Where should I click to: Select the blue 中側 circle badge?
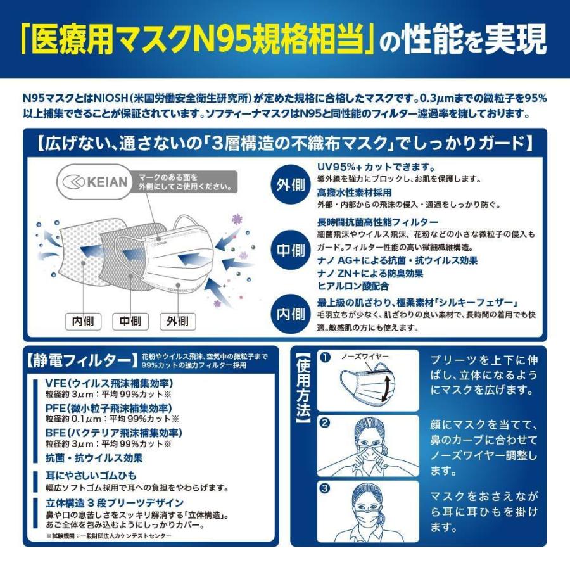[x=290, y=250]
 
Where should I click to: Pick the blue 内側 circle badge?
[x=290, y=313]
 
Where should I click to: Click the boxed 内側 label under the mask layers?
[x=83, y=322]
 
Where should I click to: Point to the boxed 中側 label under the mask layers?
[x=130, y=322]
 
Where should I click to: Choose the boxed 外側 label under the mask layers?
[x=178, y=322]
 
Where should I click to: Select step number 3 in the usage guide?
[x=325, y=489]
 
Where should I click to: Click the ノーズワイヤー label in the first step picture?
[x=365, y=357]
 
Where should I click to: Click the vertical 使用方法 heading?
[x=303, y=387]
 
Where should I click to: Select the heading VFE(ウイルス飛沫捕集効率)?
[x=109, y=383]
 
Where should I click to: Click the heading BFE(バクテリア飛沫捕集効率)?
[x=113, y=433]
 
